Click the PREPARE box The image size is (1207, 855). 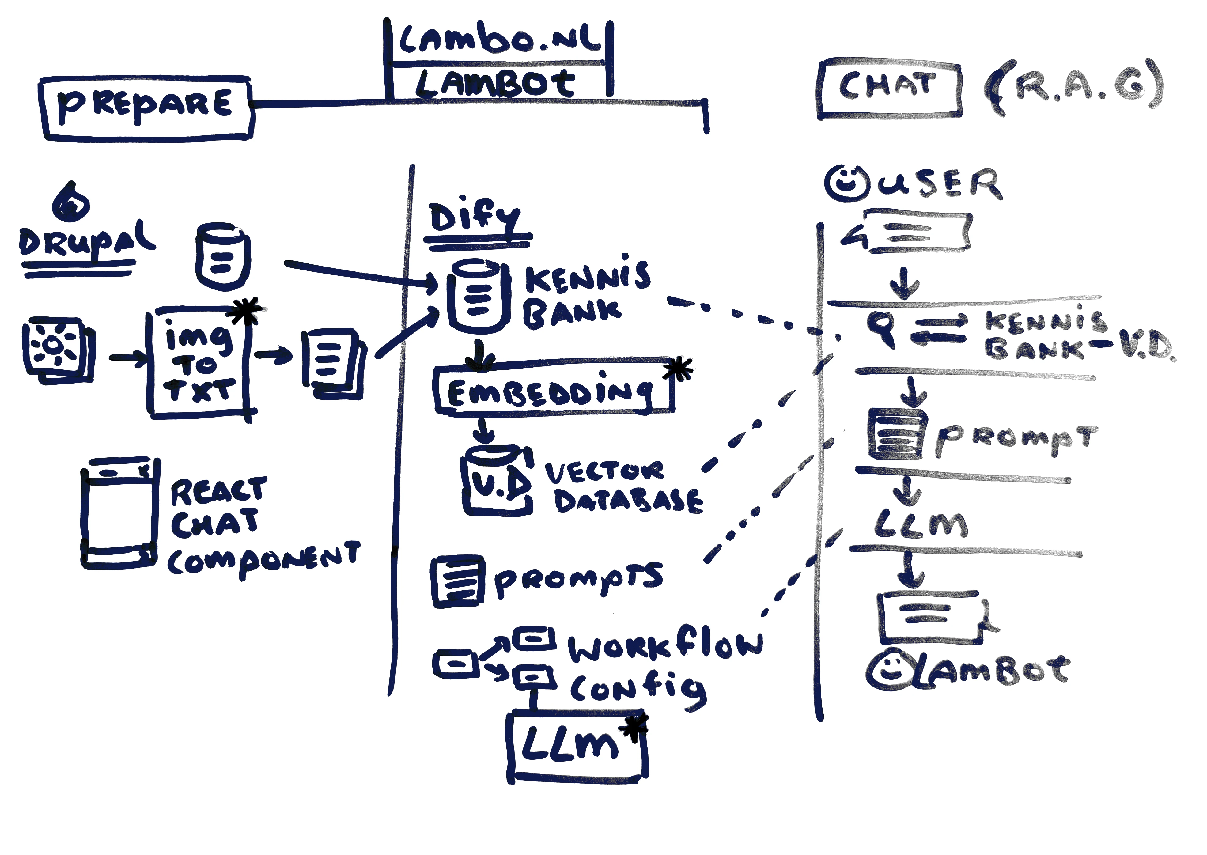[146, 108]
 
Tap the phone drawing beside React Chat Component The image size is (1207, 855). [119, 513]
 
